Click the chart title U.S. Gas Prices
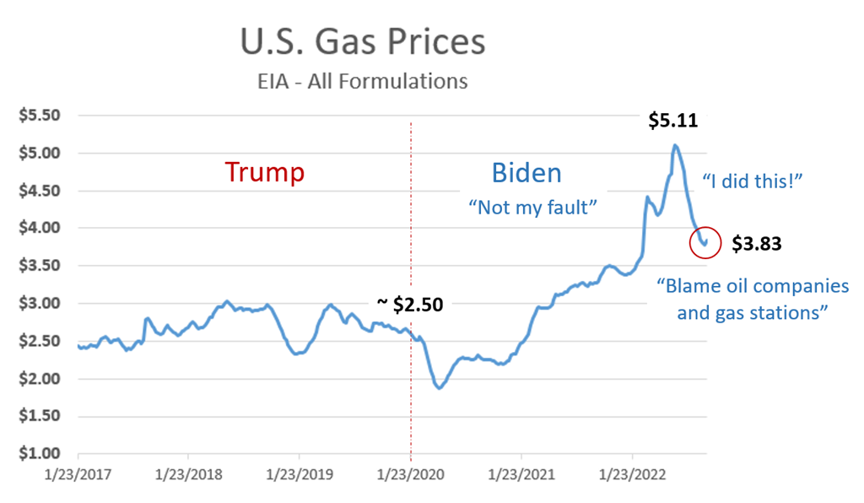pos(362,43)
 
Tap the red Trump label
pos(264,172)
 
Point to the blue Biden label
pos(526,173)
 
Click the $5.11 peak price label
pos(672,121)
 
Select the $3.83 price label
pos(756,245)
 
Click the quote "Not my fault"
pos(527,207)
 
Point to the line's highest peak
pos(675,146)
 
